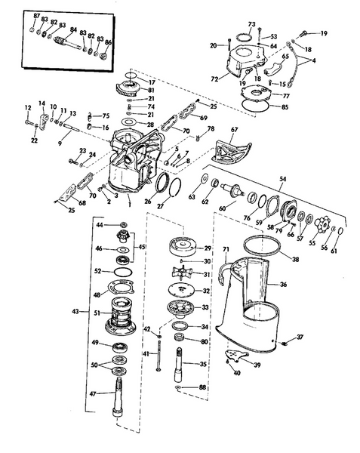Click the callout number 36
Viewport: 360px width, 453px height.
[x=284, y=285]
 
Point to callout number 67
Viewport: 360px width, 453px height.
[x=234, y=130]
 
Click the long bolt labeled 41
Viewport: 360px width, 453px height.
[x=158, y=356]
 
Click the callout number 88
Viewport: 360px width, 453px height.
[x=203, y=387]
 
